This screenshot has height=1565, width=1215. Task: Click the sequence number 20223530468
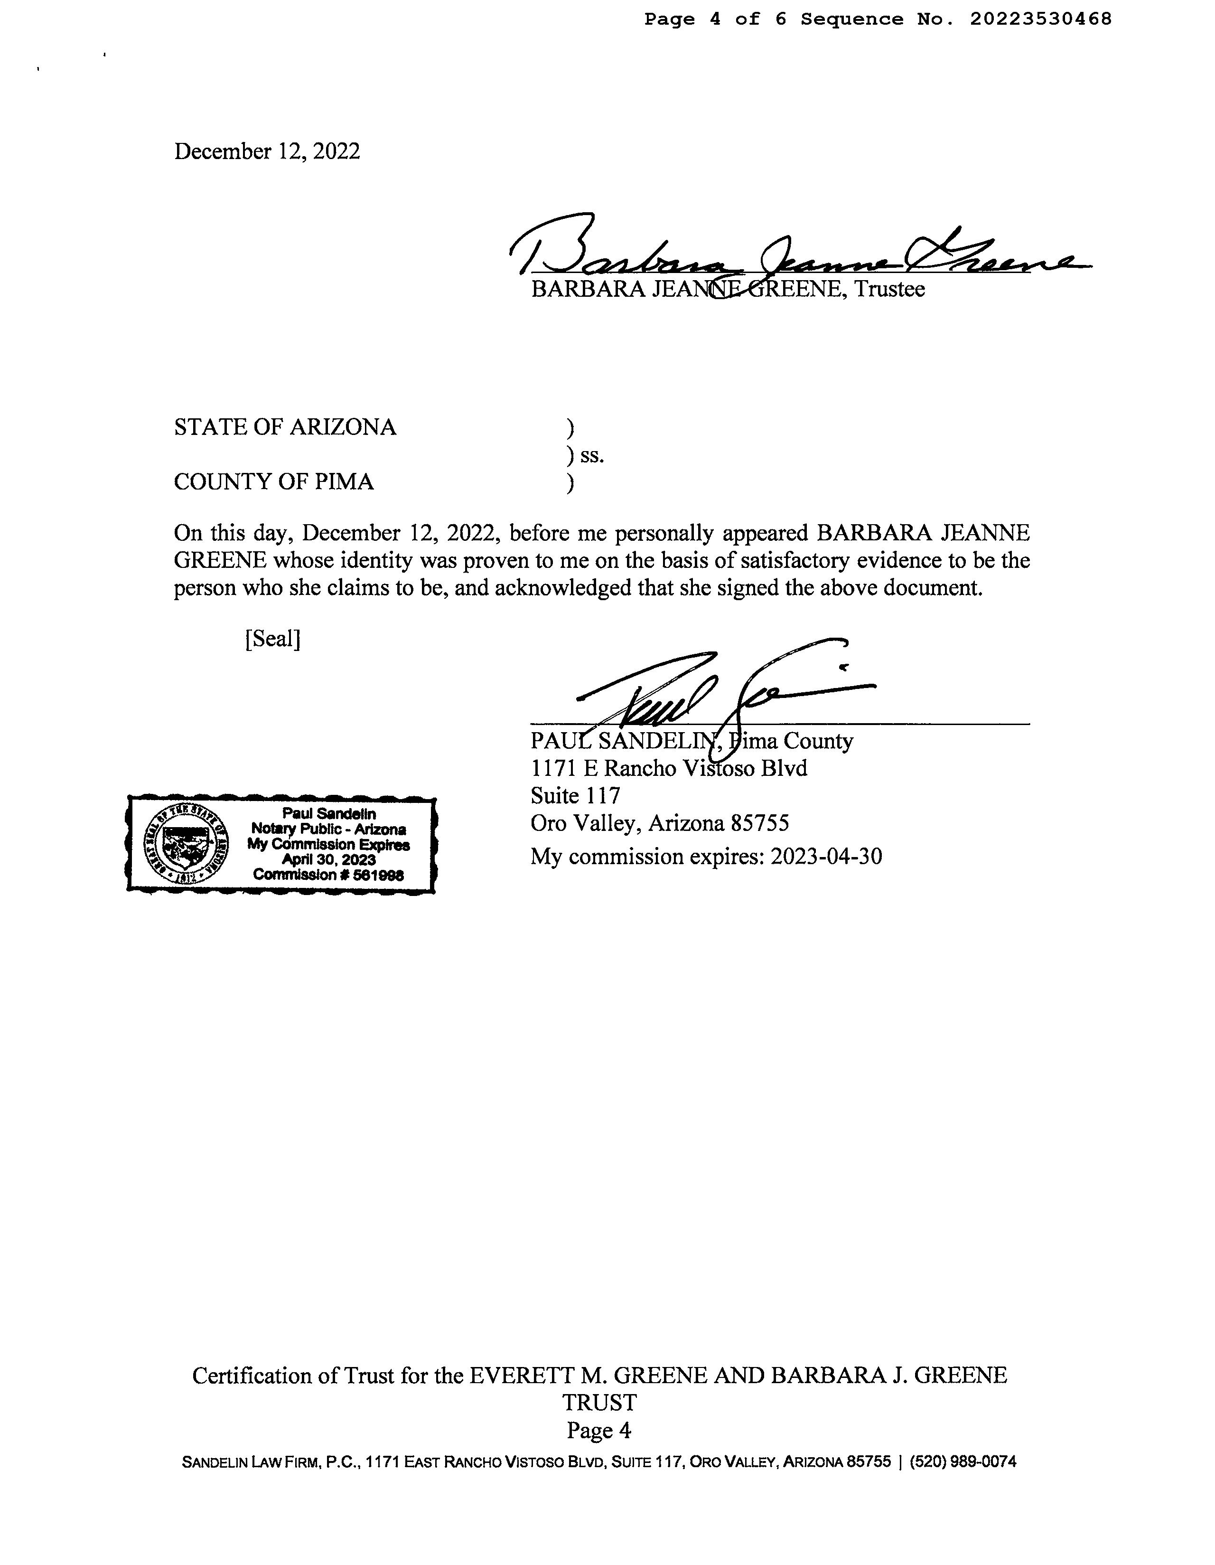pos(1040,19)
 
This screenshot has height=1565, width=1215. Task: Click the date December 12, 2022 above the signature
pos(267,152)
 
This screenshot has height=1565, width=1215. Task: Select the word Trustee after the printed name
pos(890,290)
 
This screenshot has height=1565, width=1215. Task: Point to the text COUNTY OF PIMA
pos(274,481)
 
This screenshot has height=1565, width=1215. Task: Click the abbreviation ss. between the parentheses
pos(592,456)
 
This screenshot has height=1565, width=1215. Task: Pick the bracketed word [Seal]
pos(272,638)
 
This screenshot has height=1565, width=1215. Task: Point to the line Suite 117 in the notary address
pos(575,795)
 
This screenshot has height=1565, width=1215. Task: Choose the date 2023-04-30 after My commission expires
pos(826,856)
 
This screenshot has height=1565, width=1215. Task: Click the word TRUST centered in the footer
pos(599,1402)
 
